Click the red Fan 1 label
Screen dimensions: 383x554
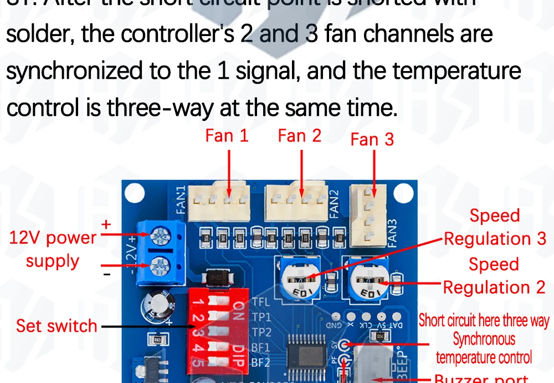coord(227,135)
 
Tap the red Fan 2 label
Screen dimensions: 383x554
coord(299,135)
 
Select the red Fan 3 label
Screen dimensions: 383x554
coord(372,139)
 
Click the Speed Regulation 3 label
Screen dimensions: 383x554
coord(495,228)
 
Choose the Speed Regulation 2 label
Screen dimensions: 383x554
coord(494,276)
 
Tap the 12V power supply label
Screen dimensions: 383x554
coord(53,249)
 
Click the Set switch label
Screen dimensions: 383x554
coord(57,326)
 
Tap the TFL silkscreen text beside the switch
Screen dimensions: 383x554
coord(261,303)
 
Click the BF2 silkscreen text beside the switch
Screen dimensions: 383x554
coord(261,363)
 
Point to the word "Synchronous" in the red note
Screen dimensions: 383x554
coord(484,339)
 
